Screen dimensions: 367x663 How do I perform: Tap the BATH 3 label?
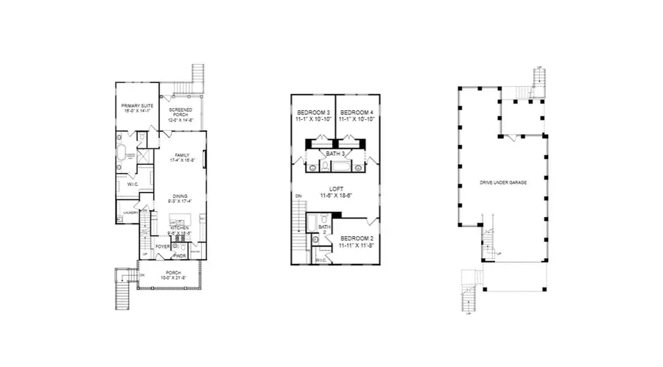[335, 153]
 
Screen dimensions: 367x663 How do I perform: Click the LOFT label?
[335, 190]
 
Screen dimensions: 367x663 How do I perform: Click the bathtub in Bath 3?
[335, 167]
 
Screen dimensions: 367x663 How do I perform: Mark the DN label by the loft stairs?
[298, 196]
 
